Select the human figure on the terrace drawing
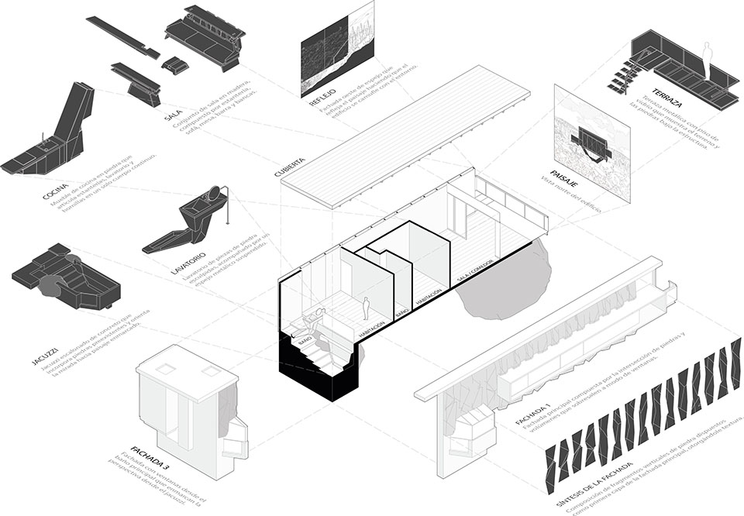(706, 55)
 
